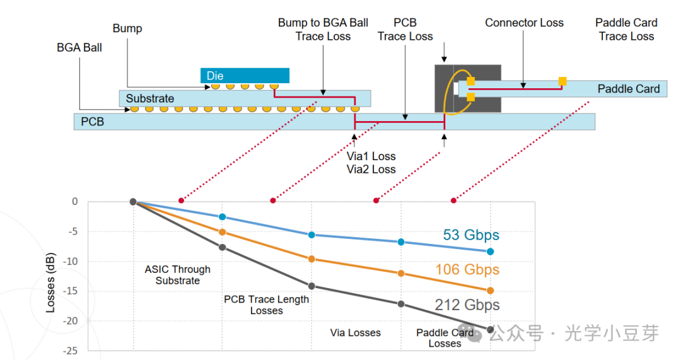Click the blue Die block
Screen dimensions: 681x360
pyautogui.click(x=245, y=76)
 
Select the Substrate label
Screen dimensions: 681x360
pyautogui.click(x=150, y=98)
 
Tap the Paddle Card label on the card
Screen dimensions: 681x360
pyautogui.click(x=629, y=89)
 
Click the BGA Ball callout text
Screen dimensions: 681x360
pyautogui.click(x=79, y=47)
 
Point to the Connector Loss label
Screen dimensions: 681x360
pyautogui.click(x=524, y=23)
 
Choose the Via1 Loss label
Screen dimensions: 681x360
pyautogui.click(x=371, y=156)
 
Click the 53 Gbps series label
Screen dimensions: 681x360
pyautogui.click(x=471, y=235)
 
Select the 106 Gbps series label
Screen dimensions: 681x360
pyautogui.click(x=467, y=269)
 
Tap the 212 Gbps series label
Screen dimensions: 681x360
pyautogui.click(x=467, y=305)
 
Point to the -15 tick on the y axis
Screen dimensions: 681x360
pyautogui.click(x=72, y=291)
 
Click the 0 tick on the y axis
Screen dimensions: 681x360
pyautogui.click(x=75, y=202)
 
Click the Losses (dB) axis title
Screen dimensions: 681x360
pyautogui.click(x=50, y=282)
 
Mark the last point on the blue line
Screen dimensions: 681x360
pyautogui.click(x=491, y=252)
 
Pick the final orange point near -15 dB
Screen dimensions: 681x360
pyautogui.click(x=491, y=291)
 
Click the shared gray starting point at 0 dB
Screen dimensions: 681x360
pyautogui.click(x=133, y=202)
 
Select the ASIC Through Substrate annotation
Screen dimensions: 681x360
pyautogui.click(x=178, y=275)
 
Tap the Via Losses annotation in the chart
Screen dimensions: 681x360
pyautogui.click(x=355, y=333)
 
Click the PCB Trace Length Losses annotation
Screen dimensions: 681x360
pyautogui.click(x=266, y=305)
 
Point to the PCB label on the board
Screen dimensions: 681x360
pyautogui.click(x=93, y=122)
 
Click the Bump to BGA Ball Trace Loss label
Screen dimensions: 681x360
pyautogui.click(x=323, y=29)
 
